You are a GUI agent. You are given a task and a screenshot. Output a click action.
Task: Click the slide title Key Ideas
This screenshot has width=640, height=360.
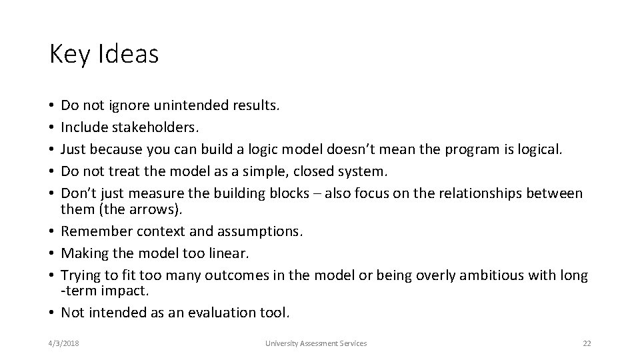click(x=104, y=55)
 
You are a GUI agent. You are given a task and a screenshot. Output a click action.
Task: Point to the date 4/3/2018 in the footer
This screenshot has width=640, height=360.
click(x=64, y=343)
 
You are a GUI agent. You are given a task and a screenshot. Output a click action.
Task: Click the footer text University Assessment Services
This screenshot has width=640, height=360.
click(x=315, y=343)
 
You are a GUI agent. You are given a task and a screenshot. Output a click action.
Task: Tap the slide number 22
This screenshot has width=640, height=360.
click(x=587, y=343)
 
